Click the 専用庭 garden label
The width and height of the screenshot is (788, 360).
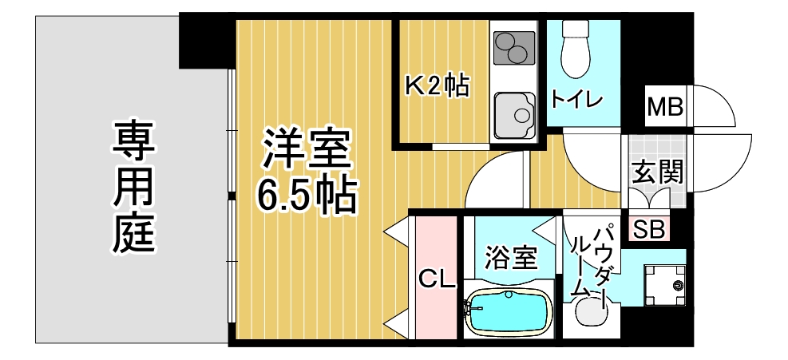[133, 186]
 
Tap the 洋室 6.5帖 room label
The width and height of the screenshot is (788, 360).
[307, 171]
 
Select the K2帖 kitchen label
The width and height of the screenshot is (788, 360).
[437, 86]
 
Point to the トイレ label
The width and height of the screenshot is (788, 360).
[576, 99]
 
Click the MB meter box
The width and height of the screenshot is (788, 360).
[665, 107]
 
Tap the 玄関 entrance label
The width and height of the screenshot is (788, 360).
[657, 172]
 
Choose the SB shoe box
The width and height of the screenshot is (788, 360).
[649, 230]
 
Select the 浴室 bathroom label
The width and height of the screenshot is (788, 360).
[511, 259]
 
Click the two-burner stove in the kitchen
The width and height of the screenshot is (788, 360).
[513, 48]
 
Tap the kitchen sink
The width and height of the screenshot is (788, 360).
[514, 115]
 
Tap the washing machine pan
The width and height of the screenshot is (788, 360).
[665, 284]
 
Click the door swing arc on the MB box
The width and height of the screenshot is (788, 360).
[723, 96]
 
